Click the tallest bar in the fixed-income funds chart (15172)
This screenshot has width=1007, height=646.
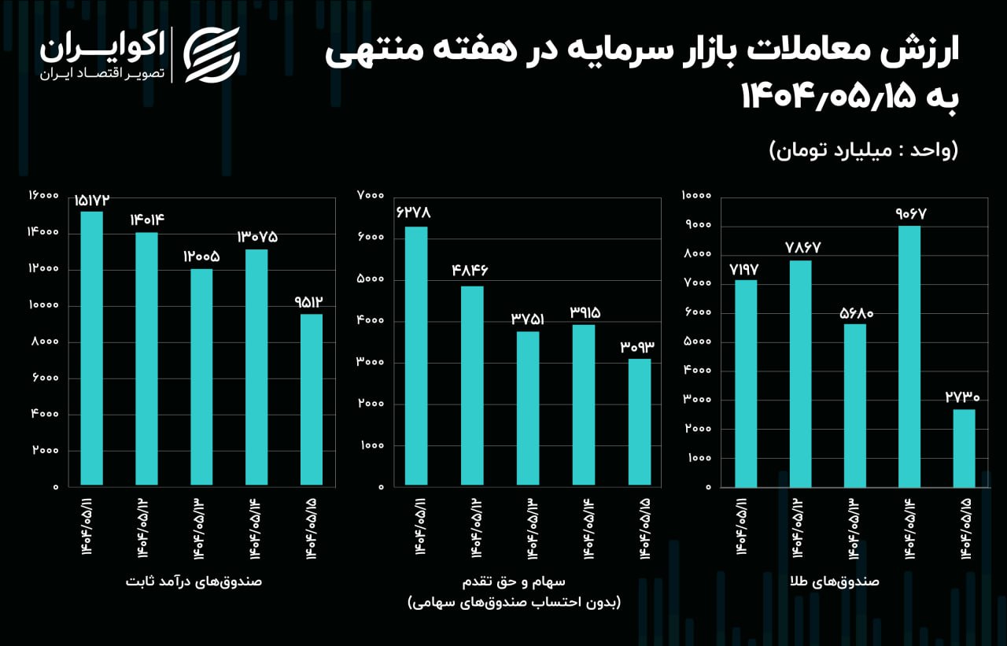coord(91,348)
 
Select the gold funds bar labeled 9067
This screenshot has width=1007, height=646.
coord(909,356)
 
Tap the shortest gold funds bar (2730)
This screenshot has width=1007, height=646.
coord(965,448)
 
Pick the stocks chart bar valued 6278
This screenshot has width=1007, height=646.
coord(416,356)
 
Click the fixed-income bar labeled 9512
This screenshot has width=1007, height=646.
coord(312,399)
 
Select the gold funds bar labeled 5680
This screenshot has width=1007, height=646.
coord(855,405)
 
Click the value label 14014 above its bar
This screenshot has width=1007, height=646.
coord(147,220)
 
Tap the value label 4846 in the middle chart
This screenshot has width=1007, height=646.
coord(470,271)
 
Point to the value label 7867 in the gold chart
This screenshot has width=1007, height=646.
coord(802,247)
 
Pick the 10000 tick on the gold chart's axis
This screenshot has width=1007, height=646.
coord(697,195)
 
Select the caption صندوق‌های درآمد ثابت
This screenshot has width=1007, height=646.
coord(194,581)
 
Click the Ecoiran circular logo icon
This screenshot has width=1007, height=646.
coord(212,55)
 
